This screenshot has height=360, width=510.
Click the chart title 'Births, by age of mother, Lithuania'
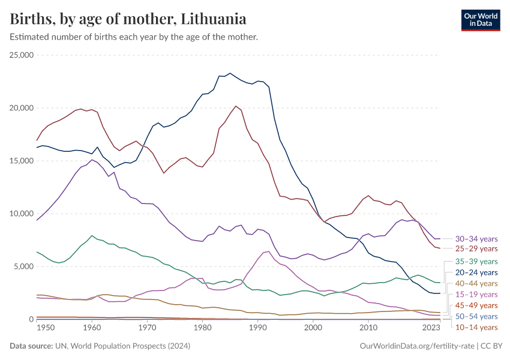(128, 19)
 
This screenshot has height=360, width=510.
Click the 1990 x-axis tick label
(257, 328)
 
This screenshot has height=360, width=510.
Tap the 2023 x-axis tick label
(431, 328)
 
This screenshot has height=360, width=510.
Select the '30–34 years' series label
(476, 238)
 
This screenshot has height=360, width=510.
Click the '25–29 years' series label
(476, 248)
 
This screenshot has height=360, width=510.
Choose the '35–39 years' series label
(476, 262)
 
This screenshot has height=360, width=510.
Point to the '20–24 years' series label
(476, 272)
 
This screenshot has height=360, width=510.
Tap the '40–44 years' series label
(476, 283)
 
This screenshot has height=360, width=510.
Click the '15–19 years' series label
(476, 295)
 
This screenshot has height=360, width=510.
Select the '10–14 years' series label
(476, 327)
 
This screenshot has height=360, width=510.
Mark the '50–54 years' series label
(476, 316)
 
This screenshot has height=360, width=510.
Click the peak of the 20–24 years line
(230, 73)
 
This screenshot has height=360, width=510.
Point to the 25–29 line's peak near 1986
(236, 106)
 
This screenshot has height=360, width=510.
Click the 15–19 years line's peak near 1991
(268, 251)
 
